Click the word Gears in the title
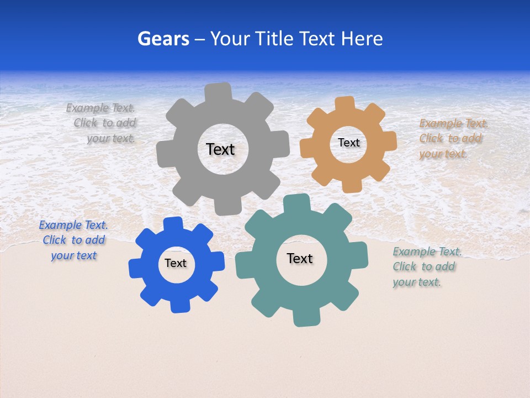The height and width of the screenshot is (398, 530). pyautogui.click(x=163, y=39)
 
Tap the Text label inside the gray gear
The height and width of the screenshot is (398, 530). pyautogui.click(x=220, y=149)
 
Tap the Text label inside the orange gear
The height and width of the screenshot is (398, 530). pyautogui.click(x=348, y=143)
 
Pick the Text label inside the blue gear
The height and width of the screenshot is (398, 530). pyautogui.click(x=176, y=263)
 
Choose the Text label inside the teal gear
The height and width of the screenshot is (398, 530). pyautogui.click(x=300, y=258)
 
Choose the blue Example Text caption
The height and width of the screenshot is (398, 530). pyautogui.click(x=73, y=240)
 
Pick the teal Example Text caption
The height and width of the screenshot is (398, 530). pyautogui.click(x=426, y=266)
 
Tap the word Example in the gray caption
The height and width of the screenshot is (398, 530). pyautogui.click(x=87, y=108)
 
